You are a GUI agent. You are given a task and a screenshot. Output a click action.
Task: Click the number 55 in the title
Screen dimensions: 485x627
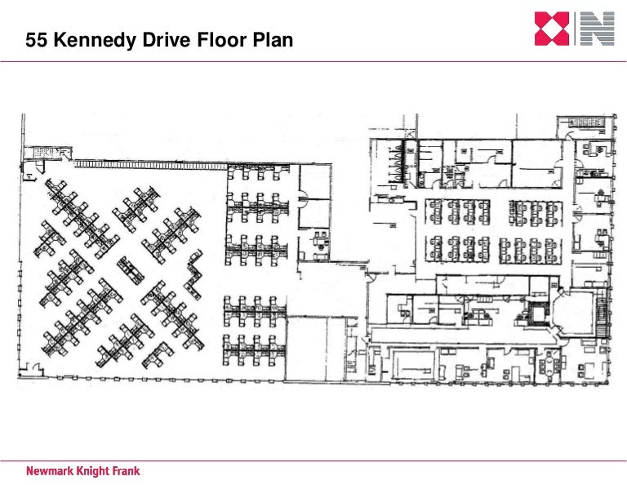tap(37, 40)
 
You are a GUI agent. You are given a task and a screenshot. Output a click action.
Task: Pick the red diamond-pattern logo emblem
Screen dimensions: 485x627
tap(553, 29)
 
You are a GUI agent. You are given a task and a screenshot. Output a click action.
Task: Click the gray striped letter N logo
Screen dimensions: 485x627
tap(597, 29)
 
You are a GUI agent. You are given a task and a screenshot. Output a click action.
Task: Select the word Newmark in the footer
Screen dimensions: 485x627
tap(53, 471)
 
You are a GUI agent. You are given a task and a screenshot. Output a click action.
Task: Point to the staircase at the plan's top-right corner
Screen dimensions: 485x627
tap(580, 124)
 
